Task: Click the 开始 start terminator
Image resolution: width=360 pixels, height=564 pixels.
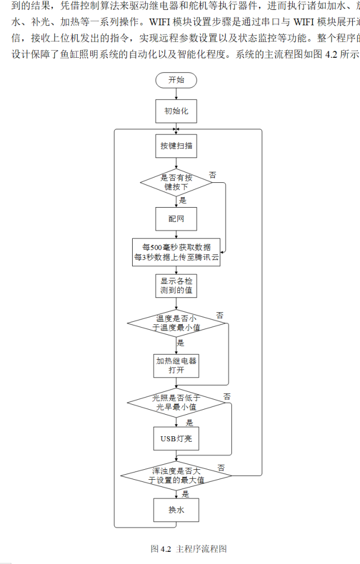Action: (x=176, y=80)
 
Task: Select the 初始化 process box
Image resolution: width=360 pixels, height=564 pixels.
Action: (x=176, y=111)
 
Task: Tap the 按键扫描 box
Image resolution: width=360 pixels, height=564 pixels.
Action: (x=176, y=146)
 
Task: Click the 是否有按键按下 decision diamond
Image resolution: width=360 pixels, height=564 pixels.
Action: (x=176, y=182)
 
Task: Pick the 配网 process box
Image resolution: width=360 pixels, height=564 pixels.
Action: (x=176, y=219)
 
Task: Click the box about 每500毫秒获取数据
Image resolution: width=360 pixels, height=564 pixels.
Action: (x=177, y=252)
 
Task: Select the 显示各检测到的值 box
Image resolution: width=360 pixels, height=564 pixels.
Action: (x=176, y=285)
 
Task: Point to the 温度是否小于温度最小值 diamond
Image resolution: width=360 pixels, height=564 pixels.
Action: (x=177, y=323)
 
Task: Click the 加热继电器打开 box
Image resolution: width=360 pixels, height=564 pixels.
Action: (x=176, y=366)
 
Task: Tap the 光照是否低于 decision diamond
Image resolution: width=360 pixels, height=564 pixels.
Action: (x=176, y=403)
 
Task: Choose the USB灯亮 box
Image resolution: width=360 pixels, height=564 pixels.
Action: (x=176, y=439)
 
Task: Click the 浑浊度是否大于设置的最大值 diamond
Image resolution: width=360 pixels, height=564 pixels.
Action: (x=177, y=475)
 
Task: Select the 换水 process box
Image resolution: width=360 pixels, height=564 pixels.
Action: (x=176, y=511)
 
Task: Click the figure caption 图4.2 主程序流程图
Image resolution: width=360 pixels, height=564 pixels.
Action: (x=189, y=549)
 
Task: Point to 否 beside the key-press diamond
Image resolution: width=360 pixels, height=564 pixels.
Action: (x=212, y=175)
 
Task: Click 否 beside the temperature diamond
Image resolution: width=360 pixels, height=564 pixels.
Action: (x=220, y=315)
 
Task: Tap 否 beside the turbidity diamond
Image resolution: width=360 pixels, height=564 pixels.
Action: (x=221, y=468)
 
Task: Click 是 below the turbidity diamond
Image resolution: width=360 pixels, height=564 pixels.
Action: (x=186, y=494)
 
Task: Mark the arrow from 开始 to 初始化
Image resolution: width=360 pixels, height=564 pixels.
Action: (x=176, y=94)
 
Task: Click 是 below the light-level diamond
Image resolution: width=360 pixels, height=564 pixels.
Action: (x=189, y=423)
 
